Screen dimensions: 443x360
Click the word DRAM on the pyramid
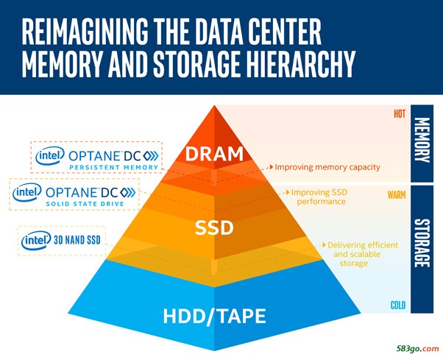214,154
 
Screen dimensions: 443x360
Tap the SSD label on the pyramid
214,227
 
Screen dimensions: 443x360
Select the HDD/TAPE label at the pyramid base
214,317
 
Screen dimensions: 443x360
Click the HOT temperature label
400,114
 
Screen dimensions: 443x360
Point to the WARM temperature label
397,195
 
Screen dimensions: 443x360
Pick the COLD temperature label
398,306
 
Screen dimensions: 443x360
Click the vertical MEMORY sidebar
422,144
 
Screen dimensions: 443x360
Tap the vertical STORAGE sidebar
422,250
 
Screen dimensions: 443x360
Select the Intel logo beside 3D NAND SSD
36,241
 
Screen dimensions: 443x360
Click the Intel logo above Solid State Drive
26,192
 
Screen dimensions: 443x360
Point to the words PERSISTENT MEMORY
113,167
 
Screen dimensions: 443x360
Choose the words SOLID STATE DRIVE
85,204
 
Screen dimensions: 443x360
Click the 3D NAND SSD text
77,241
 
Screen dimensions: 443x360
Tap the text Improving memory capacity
327,167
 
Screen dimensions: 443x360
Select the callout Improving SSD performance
319,197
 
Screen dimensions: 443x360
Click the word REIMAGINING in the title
85,31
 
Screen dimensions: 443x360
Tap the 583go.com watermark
417,349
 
